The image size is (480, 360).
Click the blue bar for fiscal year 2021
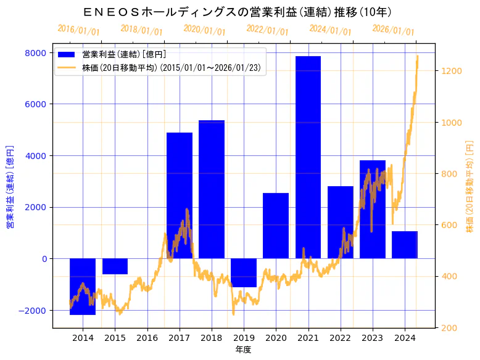[308, 157]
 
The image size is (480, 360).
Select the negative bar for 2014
[83, 286]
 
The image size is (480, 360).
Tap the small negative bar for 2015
[115, 266]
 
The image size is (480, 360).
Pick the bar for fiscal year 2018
[212, 189]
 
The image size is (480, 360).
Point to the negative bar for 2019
[244, 272]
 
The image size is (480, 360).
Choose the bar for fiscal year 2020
[276, 226]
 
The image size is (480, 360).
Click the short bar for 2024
[405, 245]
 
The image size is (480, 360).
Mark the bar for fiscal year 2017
[180, 195]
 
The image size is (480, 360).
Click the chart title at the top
[237, 12]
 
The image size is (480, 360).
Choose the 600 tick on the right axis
[449, 225]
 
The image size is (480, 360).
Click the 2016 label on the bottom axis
[147, 338]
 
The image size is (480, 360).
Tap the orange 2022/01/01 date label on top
[267, 30]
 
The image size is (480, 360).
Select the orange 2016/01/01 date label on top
[78, 30]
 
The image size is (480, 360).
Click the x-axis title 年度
[244, 350]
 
